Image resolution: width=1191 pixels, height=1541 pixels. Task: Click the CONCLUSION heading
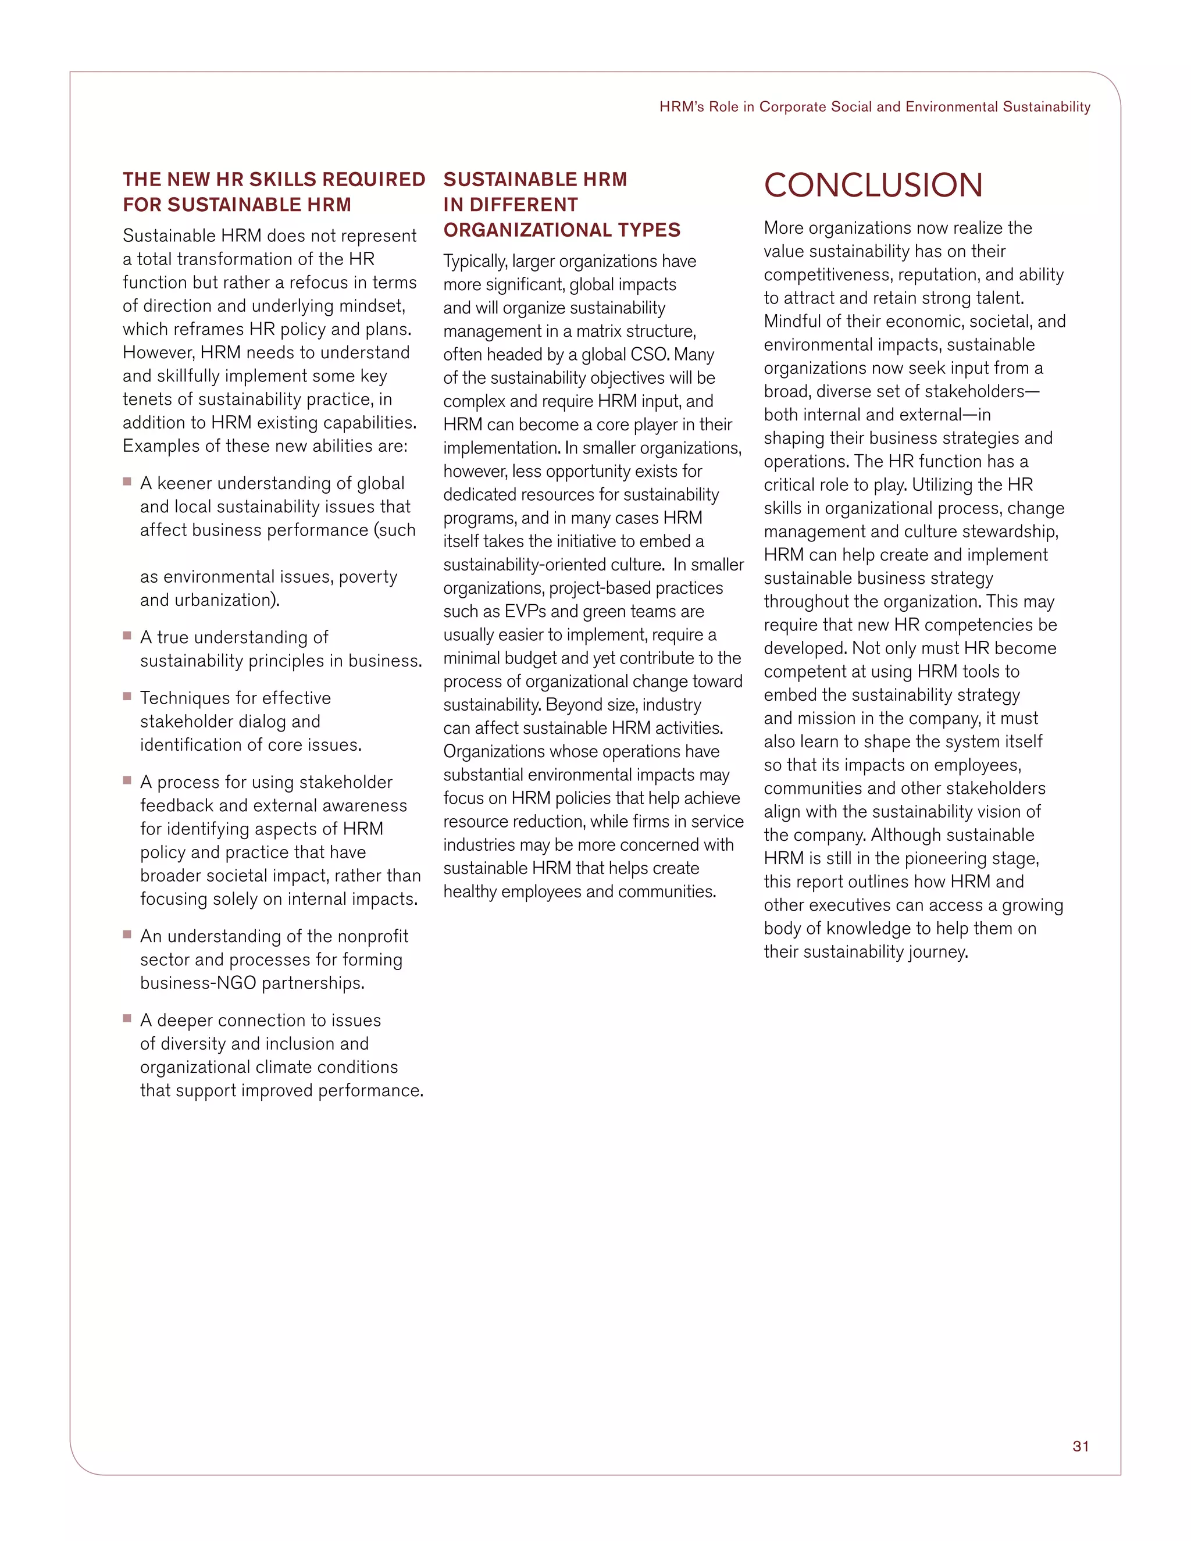click(873, 186)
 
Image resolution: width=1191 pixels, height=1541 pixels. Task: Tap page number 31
click(1081, 1446)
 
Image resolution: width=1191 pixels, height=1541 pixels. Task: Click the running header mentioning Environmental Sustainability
click(875, 106)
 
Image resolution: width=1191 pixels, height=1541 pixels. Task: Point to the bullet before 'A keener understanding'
click(127, 481)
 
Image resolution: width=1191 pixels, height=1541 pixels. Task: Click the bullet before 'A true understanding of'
click(127, 635)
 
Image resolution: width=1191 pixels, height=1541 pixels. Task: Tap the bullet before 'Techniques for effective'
click(127, 695)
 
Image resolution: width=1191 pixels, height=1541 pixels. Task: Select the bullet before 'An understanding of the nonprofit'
click(127, 934)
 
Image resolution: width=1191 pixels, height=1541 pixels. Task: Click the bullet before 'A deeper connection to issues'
click(127, 1018)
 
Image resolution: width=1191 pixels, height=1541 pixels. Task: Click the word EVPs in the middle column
click(523, 611)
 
